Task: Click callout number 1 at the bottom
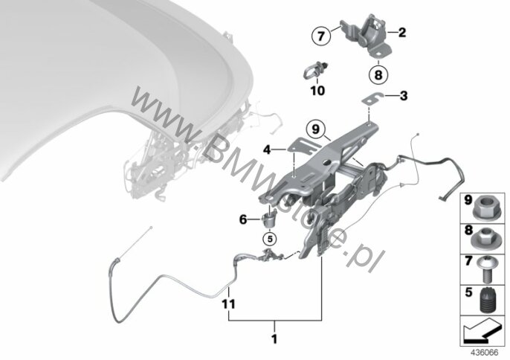pyautogui.click(x=274, y=341)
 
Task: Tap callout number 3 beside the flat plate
pyautogui.click(x=403, y=95)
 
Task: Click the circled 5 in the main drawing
pyautogui.click(x=270, y=240)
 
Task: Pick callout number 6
pyautogui.click(x=242, y=219)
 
